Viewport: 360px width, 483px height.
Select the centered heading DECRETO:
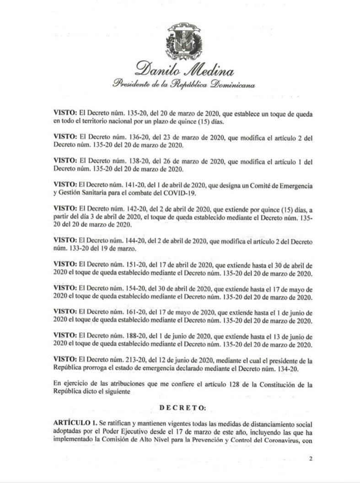183,406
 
